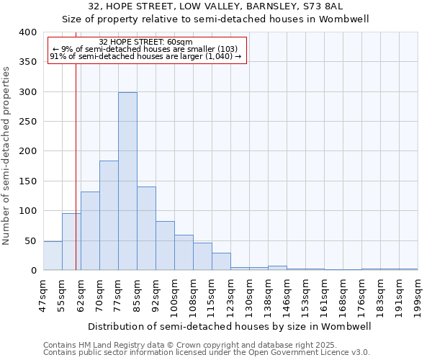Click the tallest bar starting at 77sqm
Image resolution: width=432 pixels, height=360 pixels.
[127, 181]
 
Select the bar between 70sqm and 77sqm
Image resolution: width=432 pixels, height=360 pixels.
[109, 215]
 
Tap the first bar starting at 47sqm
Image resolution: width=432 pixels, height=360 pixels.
[53, 256]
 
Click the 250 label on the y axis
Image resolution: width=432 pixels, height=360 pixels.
[27, 122]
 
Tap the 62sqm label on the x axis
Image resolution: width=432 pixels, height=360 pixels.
[81, 294]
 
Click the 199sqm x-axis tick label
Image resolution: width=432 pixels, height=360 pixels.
[418, 295]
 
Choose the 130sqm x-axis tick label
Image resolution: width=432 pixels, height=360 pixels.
[249, 295]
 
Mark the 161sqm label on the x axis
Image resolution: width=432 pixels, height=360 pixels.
[324, 295]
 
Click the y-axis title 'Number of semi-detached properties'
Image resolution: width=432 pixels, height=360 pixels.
[7, 156]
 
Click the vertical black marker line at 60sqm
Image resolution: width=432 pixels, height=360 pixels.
[76, 166]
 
